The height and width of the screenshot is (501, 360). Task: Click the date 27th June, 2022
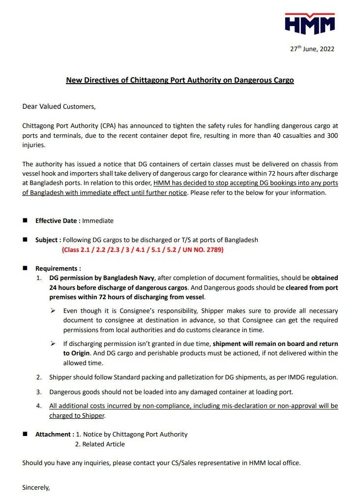312,49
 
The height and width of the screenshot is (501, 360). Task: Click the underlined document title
180,80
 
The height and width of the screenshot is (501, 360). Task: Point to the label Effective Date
58,221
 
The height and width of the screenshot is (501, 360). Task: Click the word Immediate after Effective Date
98,221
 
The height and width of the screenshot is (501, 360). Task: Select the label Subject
48,240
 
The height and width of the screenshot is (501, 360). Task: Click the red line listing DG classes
143,250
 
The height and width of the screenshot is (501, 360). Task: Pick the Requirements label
58,269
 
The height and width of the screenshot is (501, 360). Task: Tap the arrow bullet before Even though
53,311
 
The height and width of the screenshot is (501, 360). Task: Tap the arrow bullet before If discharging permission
53,344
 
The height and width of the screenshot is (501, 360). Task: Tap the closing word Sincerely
36,488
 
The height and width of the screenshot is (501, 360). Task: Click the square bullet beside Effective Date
25,221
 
